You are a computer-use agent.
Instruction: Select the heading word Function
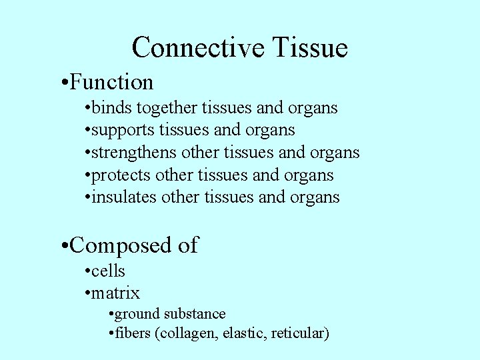click(x=111, y=82)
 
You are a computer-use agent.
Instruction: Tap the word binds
click(x=107, y=107)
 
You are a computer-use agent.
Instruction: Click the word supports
click(x=116, y=130)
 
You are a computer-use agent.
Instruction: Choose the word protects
click(x=121, y=175)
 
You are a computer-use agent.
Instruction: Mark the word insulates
click(x=124, y=197)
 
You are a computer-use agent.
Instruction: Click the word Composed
click(x=121, y=245)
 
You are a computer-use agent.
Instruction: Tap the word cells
click(x=108, y=271)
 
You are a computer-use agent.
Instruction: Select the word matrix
click(x=115, y=293)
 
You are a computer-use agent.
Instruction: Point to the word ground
click(x=137, y=314)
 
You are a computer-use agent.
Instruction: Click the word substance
click(x=195, y=313)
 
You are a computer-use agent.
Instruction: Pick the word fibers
click(x=133, y=333)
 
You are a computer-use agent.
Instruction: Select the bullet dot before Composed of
click(x=61, y=246)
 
